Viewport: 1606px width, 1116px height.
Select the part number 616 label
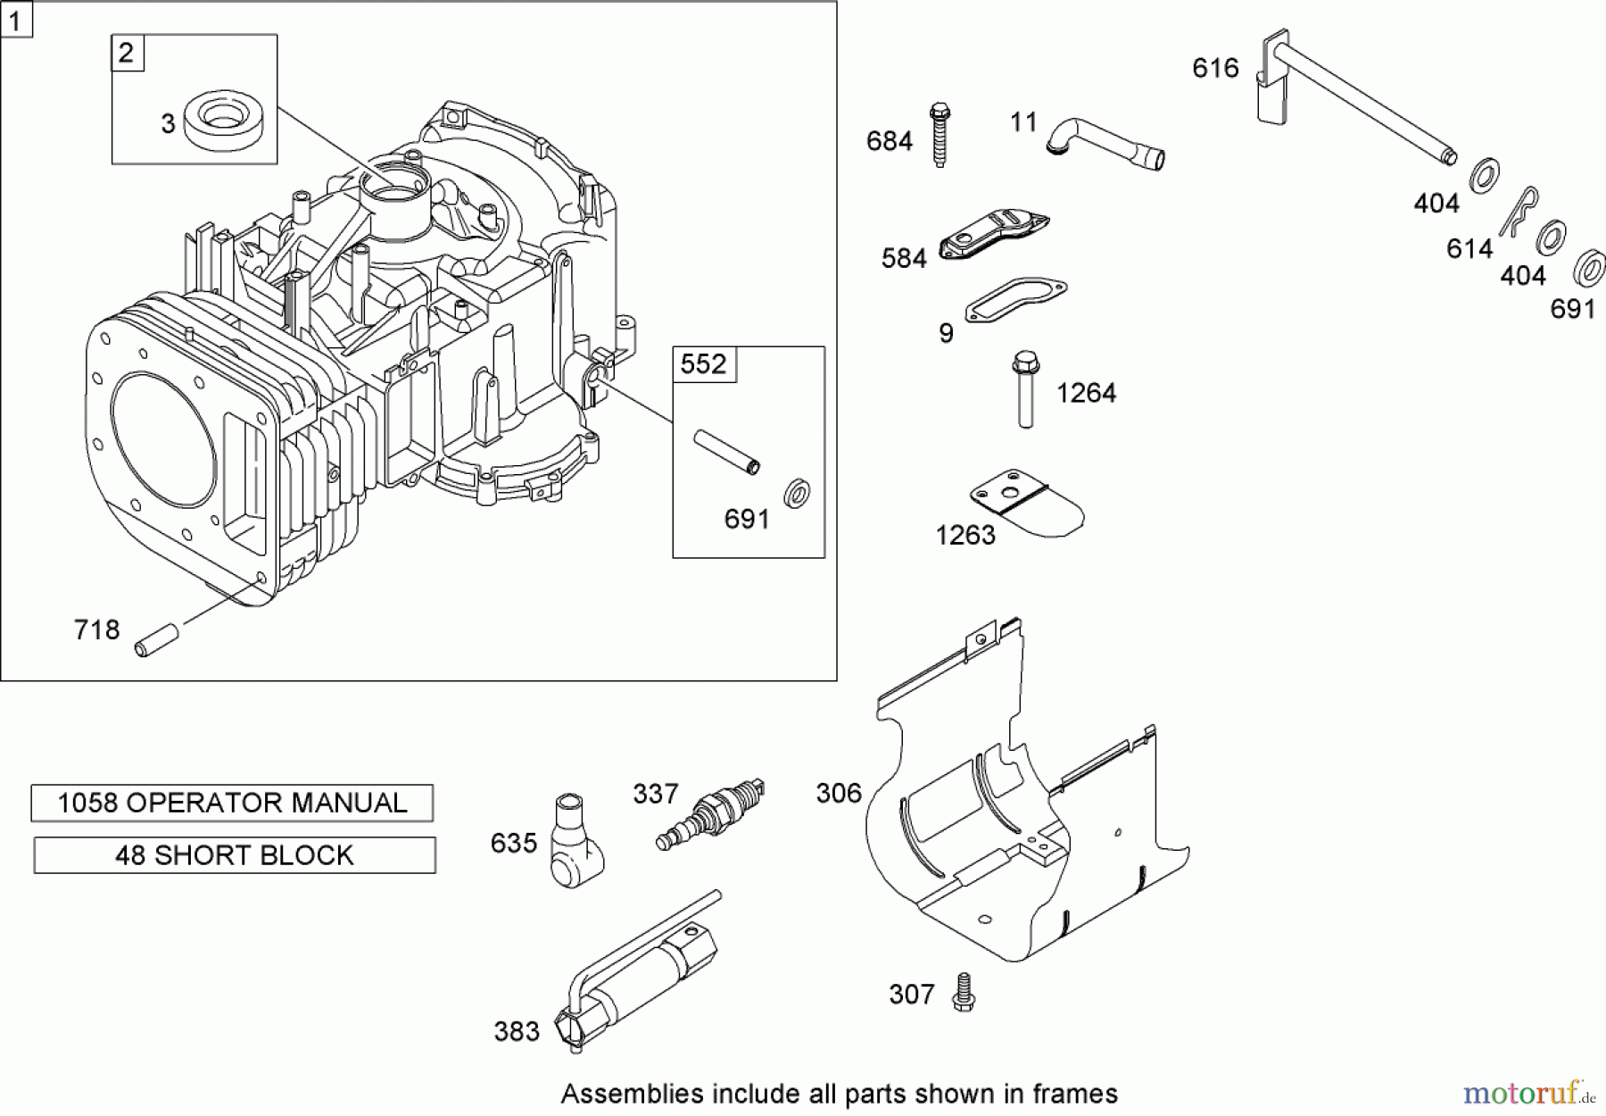[x=1215, y=68]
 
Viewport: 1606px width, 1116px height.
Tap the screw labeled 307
[x=963, y=992]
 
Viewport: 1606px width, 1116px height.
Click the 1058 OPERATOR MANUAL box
[x=232, y=803]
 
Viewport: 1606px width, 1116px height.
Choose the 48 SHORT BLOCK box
[x=235, y=855]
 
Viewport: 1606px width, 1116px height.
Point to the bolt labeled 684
[x=940, y=135]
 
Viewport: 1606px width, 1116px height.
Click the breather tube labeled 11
[x=1105, y=145]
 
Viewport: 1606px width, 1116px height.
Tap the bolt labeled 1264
[x=1025, y=389]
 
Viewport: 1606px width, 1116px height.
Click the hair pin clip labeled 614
[x=1519, y=212]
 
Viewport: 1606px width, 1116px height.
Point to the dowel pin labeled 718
[x=157, y=642]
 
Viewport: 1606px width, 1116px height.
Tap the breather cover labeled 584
[x=994, y=237]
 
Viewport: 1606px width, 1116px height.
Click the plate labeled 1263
[x=1027, y=506]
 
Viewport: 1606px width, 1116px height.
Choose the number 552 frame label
[x=704, y=364]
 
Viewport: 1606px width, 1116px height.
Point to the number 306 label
[x=839, y=793]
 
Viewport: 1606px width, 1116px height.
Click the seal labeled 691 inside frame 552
[x=797, y=493]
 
